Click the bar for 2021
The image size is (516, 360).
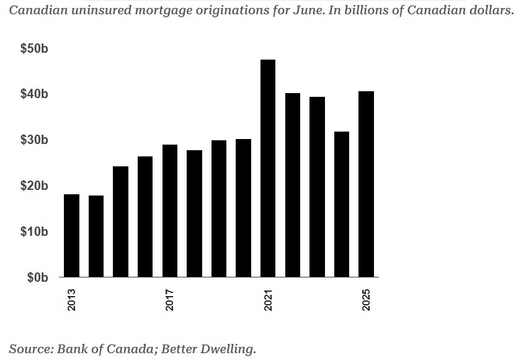pos(268,168)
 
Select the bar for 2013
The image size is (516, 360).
pos(71,236)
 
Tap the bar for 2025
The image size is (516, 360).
pos(366,184)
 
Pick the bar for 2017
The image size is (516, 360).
pos(170,211)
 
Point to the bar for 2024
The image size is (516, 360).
pos(342,204)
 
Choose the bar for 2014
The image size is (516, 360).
pos(96,236)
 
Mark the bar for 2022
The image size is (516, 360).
pos(292,185)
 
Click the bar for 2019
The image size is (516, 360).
pos(219,209)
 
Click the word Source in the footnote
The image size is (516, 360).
pos(30,349)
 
